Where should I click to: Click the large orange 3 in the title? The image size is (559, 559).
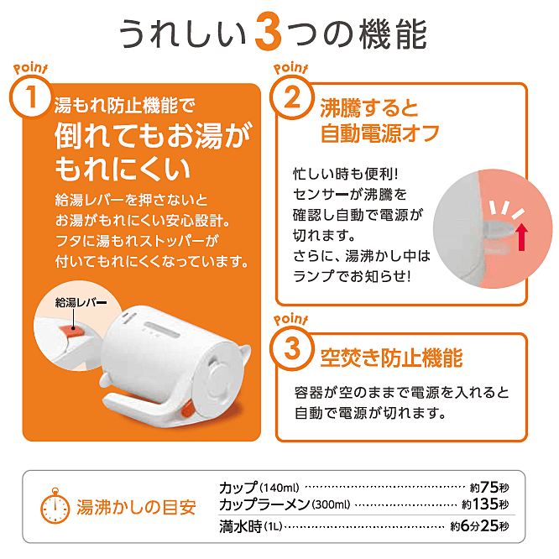click(268, 32)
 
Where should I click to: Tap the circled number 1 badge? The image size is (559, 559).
click(31, 97)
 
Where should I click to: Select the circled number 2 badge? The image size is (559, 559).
click(292, 97)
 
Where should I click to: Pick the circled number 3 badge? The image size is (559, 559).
click(292, 348)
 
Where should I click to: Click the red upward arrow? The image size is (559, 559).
click(522, 237)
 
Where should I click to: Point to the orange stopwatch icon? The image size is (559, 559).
click(55, 506)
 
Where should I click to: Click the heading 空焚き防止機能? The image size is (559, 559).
click(391, 358)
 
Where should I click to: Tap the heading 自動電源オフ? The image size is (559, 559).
click(379, 133)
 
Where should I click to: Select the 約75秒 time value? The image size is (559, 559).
click(489, 487)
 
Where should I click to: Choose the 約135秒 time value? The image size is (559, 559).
click(486, 504)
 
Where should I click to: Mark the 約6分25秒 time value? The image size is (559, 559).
click(480, 525)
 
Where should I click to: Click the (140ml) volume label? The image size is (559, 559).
click(279, 487)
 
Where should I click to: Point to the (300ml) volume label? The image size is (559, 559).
click(331, 504)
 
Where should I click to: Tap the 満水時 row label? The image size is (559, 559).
click(241, 526)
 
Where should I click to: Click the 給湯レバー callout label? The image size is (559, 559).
click(81, 303)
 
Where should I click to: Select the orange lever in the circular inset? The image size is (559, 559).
click(72, 332)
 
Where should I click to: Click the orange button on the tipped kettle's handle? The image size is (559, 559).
click(187, 409)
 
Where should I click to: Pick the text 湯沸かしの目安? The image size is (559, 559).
click(136, 507)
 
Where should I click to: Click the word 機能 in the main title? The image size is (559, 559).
click(393, 34)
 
